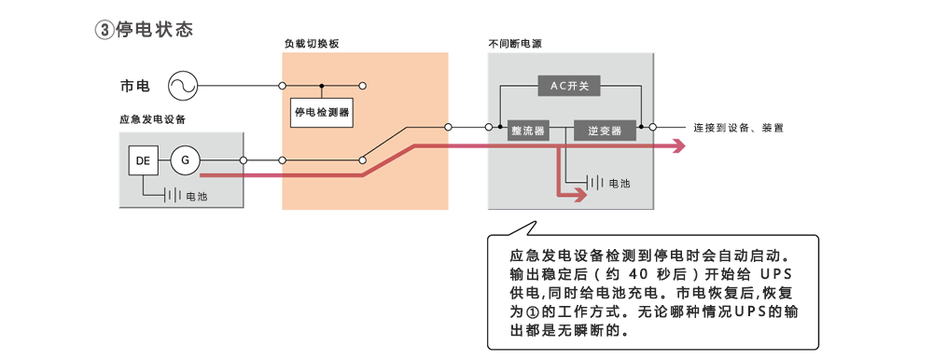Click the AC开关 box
tap(569, 86)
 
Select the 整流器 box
tap(527, 132)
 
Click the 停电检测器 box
tap(321, 113)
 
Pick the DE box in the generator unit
tap(143, 161)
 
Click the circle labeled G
tap(185, 161)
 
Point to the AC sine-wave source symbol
tap(183, 87)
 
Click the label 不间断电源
tap(515, 44)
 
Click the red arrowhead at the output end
tap(677, 145)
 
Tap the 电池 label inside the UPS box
tap(620, 184)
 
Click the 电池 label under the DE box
tap(197, 197)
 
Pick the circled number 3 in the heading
tap(104, 30)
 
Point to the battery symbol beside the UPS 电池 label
tap(595, 184)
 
